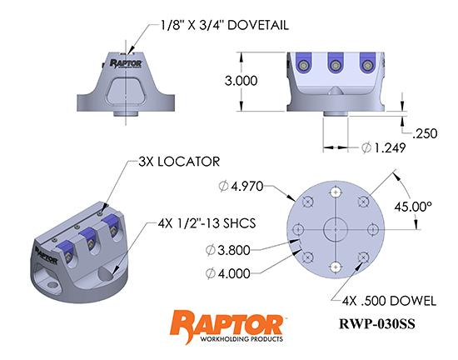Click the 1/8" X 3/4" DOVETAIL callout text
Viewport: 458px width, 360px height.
click(224, 26)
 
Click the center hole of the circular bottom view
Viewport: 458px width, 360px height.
click(336, 227)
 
